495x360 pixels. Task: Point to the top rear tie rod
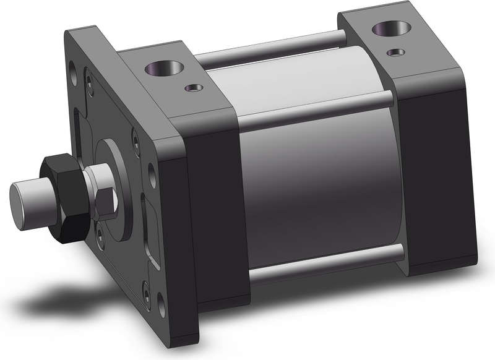(x=272, y=49)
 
